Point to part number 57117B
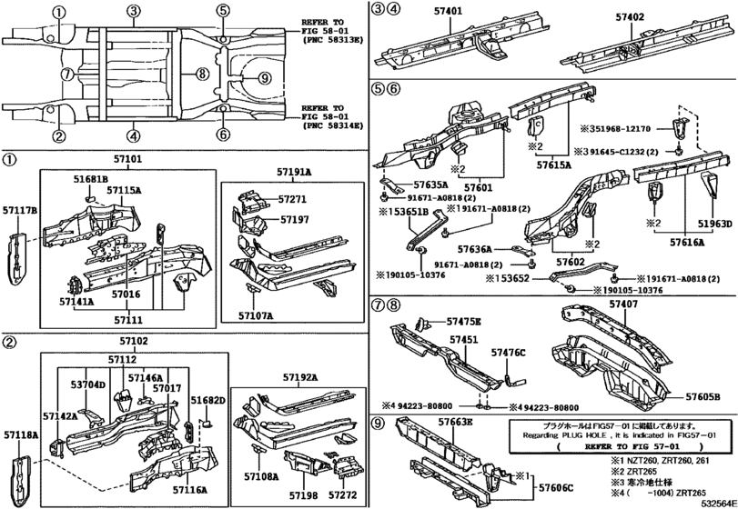pos(21,212)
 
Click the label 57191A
pos(295,171)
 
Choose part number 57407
pos(592,306)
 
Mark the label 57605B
pos(703,396)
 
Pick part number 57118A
pos(20,436)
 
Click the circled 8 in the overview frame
pos(202,73)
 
